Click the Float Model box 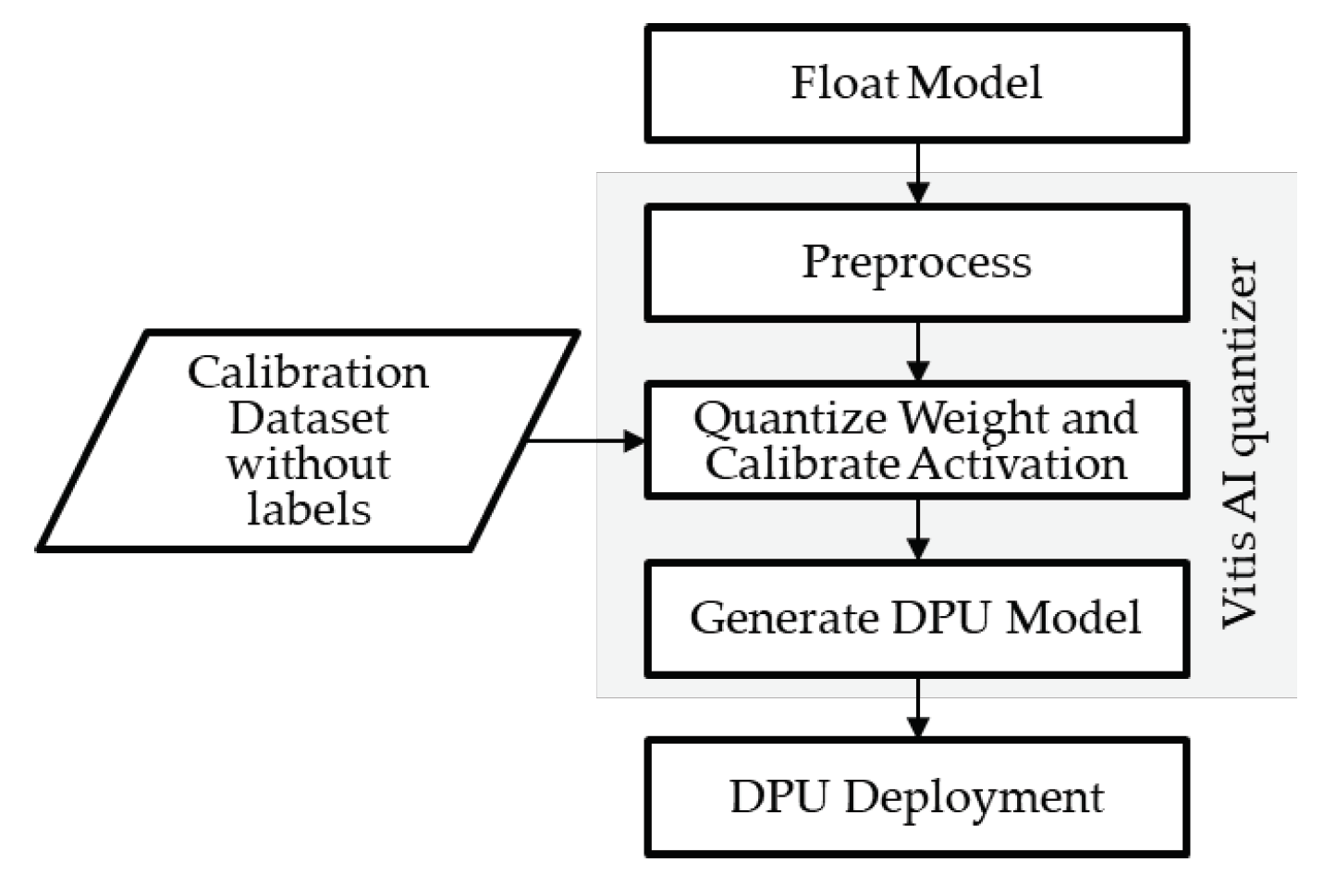tap(916, 83)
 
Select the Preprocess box tap(916, 262)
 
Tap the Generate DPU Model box tap(916, 618)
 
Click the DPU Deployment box tap(916, 796)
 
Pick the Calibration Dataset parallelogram tap(308, 440)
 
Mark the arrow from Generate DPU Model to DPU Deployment tap(917, 708)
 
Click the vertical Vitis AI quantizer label tap(1240, 442)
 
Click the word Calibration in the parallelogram tap(308, 373)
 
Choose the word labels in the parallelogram tap(309, 508)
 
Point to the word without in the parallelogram tap(309, 462)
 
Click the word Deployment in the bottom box tap(974, 797)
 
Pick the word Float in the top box tap(844, 83)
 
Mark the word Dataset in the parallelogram tap(309, 418)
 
